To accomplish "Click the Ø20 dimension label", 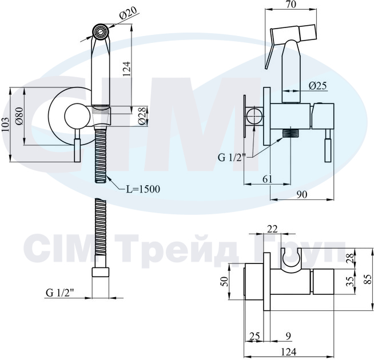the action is tap(128, 13).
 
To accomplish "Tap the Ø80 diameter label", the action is tap(19, 116).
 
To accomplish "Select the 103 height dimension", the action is tap(6, 124).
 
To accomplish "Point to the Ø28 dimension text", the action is tap(142, 115).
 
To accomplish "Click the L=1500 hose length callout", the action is tap(143, 189).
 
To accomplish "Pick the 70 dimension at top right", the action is tap(291, 5).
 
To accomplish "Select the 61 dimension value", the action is tap(267, 179).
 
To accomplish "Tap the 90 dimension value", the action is tap(302, 194).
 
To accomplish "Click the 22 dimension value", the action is tap(272, 229).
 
